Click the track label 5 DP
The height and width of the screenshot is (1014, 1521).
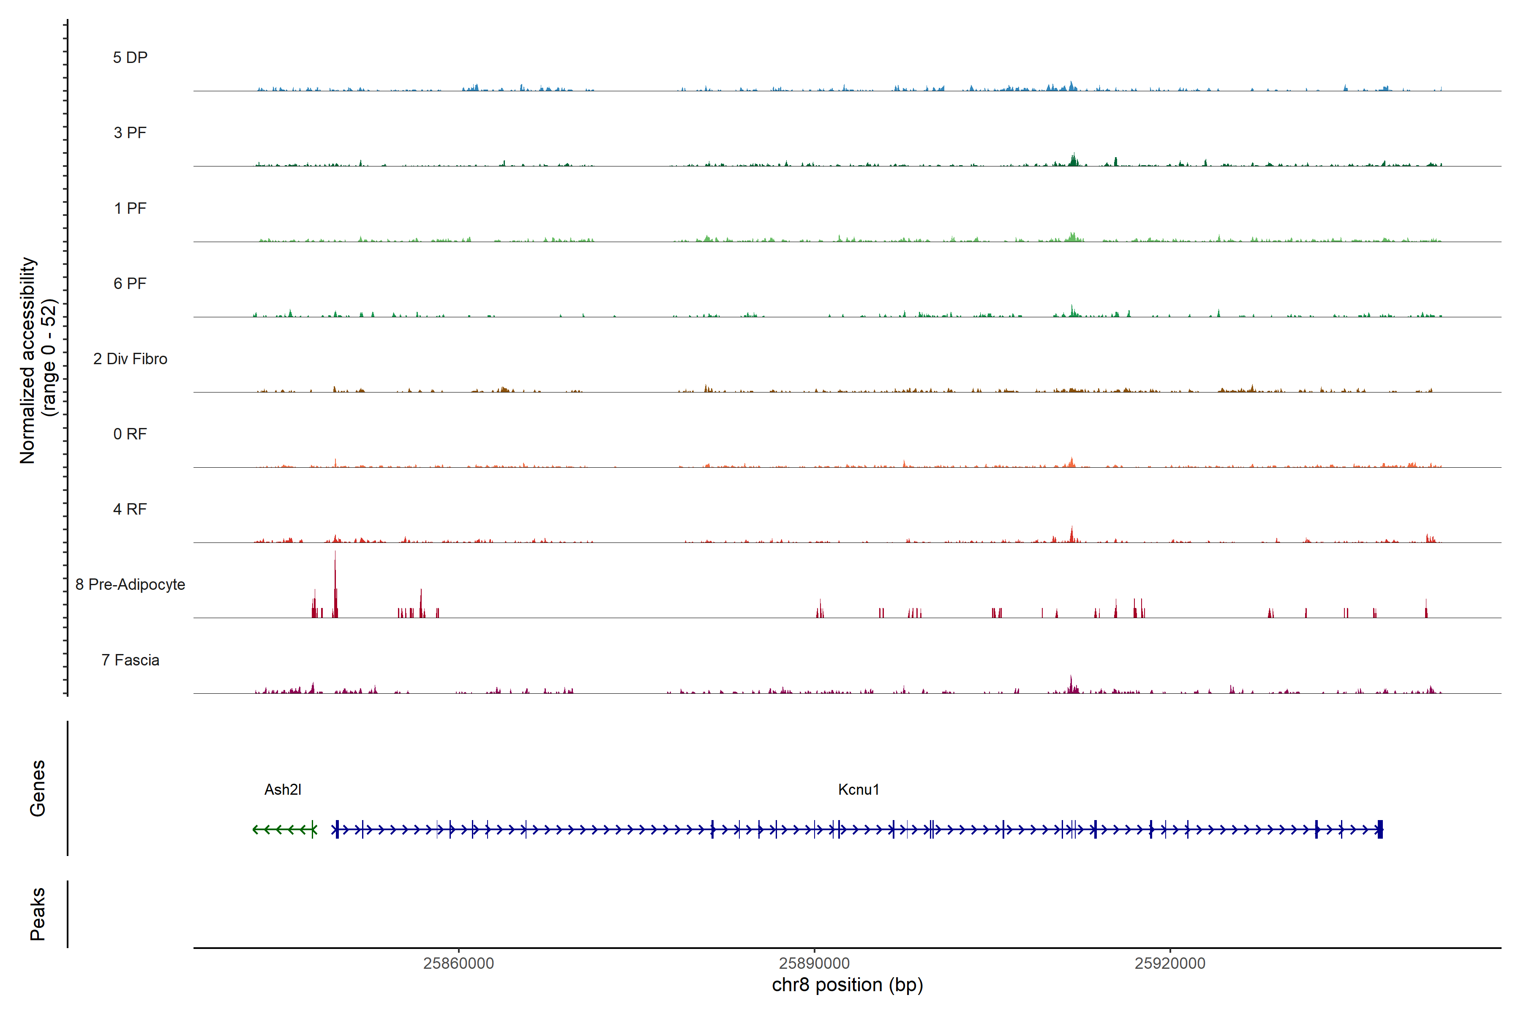click(x=130, y=57)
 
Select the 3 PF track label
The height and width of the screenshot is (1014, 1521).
click(x=130, y=133)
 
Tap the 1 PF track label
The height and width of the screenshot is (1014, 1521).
click(x=130, y=208)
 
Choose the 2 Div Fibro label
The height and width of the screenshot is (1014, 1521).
click(x=130, y=359)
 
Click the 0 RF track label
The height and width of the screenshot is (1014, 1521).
click(x=130, y=434)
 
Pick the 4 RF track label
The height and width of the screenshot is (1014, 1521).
click(x=130, y=509)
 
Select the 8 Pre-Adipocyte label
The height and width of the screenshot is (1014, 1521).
click(x=130, y=585)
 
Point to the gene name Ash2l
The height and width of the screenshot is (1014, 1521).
click(x=283, y=790)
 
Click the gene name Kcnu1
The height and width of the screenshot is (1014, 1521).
click(x=858, y=790)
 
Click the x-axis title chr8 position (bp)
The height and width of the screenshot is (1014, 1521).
click(x=847, y=985)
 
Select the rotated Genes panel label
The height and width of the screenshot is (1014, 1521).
click(x=38, y=788)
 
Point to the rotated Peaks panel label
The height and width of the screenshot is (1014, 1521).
click(x=38, y=914)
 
